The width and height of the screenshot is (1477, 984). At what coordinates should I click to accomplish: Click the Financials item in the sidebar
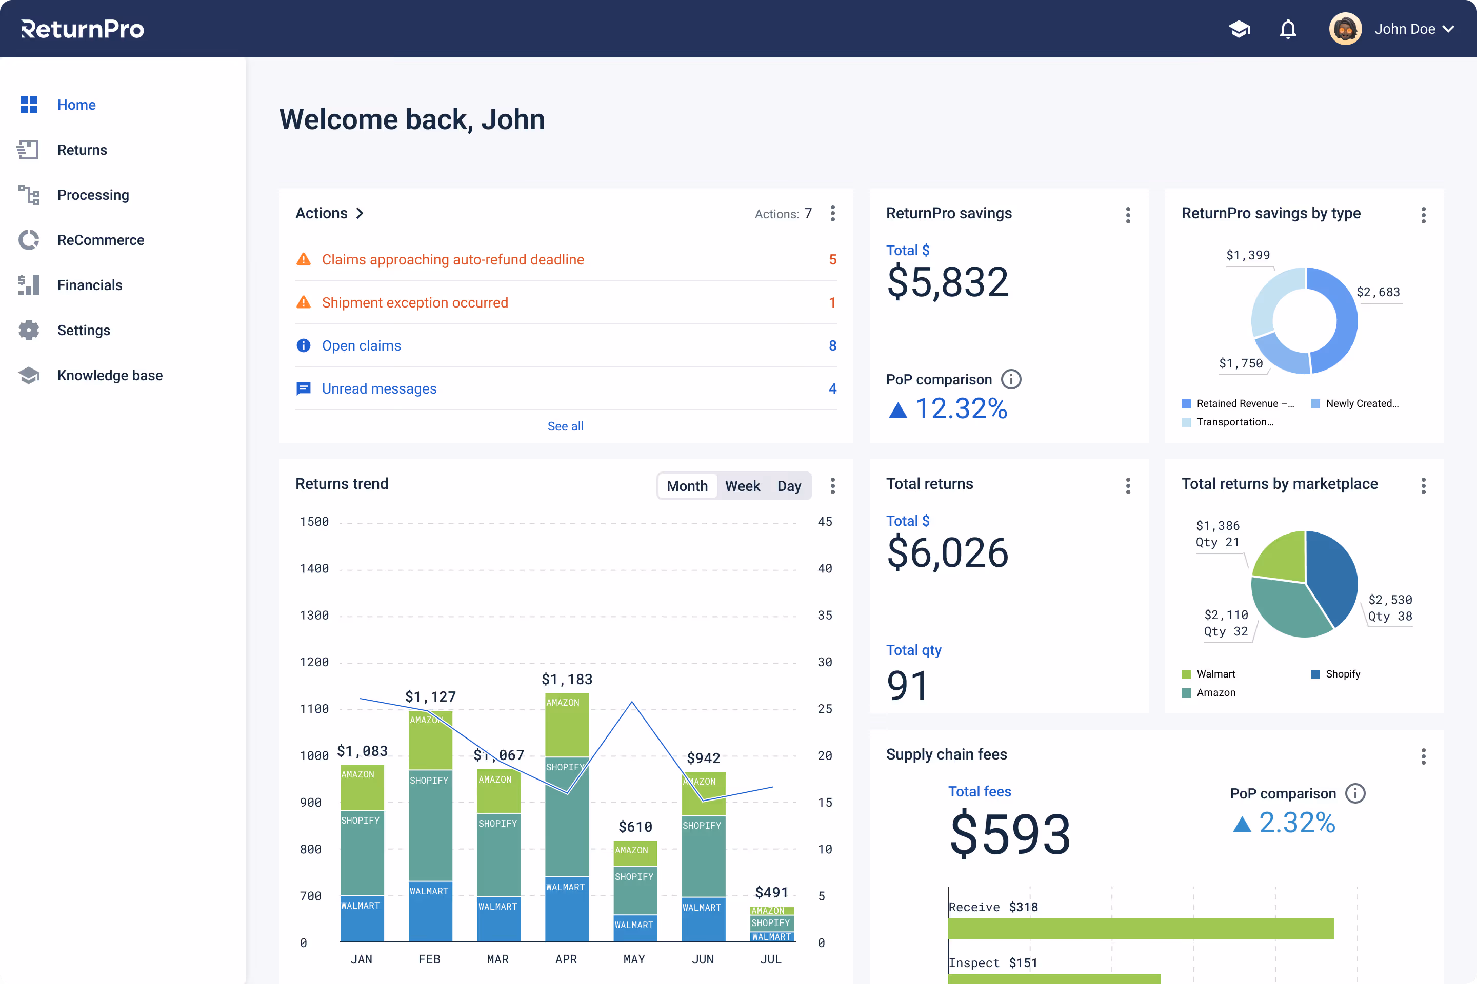[89, 285]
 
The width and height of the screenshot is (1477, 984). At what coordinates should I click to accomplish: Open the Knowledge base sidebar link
[109, 375]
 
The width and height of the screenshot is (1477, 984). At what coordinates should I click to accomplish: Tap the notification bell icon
[1288, 29]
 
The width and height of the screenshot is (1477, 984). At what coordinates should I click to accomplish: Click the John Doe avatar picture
[1345, 29]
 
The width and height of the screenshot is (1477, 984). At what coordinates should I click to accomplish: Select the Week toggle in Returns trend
[742, 486]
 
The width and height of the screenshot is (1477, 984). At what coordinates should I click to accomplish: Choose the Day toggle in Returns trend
[789, 486]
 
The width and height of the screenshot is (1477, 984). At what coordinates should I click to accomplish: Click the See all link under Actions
[565, 426]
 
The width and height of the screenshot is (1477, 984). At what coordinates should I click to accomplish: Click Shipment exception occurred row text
[414, 302]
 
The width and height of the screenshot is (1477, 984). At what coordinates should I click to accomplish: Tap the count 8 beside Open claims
[832, 346]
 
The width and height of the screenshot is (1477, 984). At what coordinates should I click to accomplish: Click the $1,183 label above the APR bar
[566, 679]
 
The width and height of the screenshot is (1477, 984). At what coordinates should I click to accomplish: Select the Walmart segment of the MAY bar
[634, 926]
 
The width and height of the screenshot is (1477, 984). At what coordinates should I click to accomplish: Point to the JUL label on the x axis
[770, 959]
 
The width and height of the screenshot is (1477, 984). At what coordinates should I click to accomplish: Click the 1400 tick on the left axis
[314, 568]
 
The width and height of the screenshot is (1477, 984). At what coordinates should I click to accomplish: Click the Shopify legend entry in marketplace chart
[1342, 674]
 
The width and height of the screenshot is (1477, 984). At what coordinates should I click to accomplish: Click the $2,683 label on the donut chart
[1378, 292]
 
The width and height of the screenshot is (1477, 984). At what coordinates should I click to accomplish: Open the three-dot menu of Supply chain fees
[1423, 756]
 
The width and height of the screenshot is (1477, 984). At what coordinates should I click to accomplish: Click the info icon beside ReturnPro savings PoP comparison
[1010, 379]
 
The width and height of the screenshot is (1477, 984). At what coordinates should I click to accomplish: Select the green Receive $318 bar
[1140, 928]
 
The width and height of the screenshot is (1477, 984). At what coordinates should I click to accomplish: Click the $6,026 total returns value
[947, 553]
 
